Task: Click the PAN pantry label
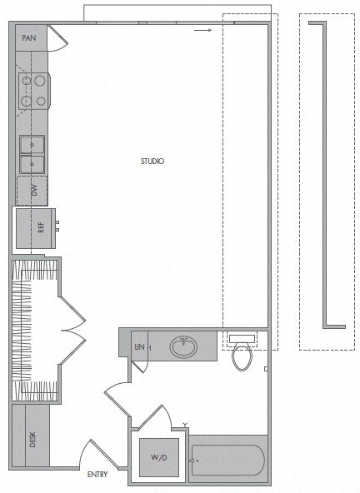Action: click(x=28, y=37)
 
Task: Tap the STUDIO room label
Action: click(x=152, y=161)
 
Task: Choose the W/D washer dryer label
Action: click(x=158, y=456)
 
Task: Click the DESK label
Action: click(x=32, y=438)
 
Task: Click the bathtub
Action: click(x=227, y=460)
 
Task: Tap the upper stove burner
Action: click(x=37, y=82)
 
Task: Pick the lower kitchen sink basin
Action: click(x=32, y=163)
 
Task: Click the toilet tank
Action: click(x=242, y=339)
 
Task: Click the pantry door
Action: click(x=57, y=38)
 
